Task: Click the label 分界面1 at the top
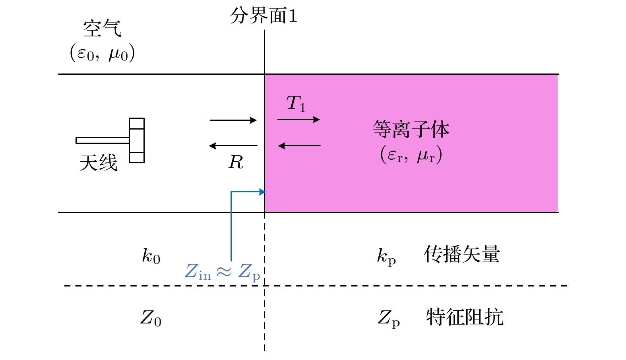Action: [x=264, y=16]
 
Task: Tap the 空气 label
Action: [x=102, y=29]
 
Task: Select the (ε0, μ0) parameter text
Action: [x=103, y=53]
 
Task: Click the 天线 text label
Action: [x=99, y=163]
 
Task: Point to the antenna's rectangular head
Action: [x=137, y=140]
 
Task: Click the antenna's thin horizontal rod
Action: [x=103, y=140]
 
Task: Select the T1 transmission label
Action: [x=296, y=104]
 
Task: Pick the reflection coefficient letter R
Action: [x=235, y=162]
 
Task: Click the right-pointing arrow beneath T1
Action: [x=298, y=119]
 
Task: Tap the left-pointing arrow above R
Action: [x=233, y=146]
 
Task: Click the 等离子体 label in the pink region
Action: [x=411, y=130]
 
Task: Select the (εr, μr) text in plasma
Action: [x=411, y=155]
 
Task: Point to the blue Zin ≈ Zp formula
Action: [x=223, y=272]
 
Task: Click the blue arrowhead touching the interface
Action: [x=262, y=192]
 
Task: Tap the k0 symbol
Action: [x=151, y=256]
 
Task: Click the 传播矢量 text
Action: [x=462, y=254]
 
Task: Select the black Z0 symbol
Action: [x=151, y=318]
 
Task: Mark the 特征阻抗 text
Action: [x=465, y=317]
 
